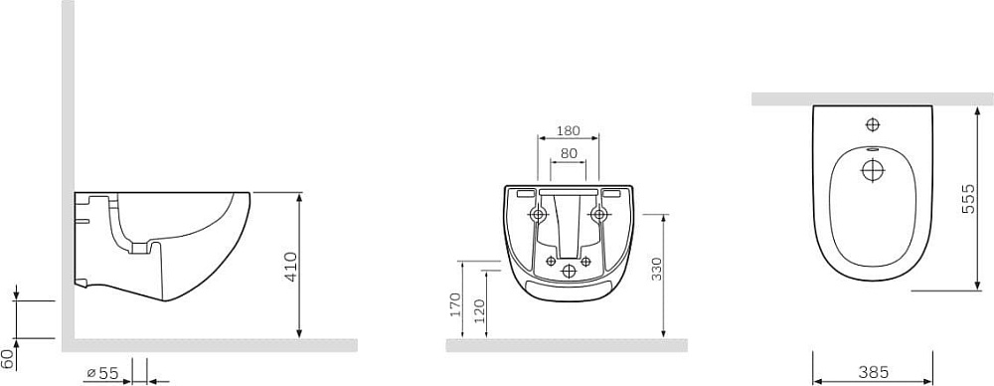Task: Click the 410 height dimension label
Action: pyautogui.click(x=291, y=267)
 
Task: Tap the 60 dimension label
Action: pyautogui.click(x=8, y=359)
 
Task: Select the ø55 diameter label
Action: pyautogui.click(x=102, y=373)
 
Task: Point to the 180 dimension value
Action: pyautogui.click(x=568, y=130)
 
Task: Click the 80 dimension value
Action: pyautogui.click(x=569, y=153)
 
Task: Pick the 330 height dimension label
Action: pyautogui.click(x=657, y=270)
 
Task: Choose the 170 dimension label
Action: pyautogui.click(x=455, y=305)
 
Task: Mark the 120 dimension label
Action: pyautogui.click(x=479, y=311)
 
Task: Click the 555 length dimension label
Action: pyautogui.click(x=968, y=199)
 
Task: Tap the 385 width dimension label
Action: pyautogui.click(x=873, y=372)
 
